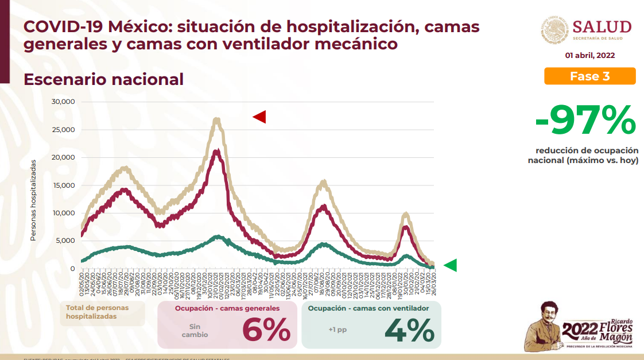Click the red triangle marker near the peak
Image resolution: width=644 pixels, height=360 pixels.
[259, 117]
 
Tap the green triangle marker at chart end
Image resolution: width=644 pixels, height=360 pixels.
[451, 265]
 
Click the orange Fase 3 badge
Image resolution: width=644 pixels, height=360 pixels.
[590, 76]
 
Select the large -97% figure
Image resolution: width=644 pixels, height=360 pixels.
[585, 121]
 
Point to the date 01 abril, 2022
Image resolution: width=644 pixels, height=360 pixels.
[589, 56]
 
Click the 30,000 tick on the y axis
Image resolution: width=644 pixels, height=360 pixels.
[64, 102]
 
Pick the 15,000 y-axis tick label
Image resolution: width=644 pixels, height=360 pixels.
[64, 185]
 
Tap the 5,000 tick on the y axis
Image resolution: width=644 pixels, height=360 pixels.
[65, 241]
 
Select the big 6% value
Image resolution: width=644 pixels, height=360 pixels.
[266, 330]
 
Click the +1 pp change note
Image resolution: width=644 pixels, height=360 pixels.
[337, 330]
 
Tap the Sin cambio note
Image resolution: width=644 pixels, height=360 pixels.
[195, 330]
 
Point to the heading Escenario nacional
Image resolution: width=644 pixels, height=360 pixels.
[103, 79]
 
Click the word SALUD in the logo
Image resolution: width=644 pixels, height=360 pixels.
[602, 27]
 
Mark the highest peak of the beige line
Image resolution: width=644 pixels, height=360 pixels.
[216, 119]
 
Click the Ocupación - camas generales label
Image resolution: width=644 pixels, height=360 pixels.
[227, 308]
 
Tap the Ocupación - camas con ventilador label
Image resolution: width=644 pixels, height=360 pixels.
[368, 308]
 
